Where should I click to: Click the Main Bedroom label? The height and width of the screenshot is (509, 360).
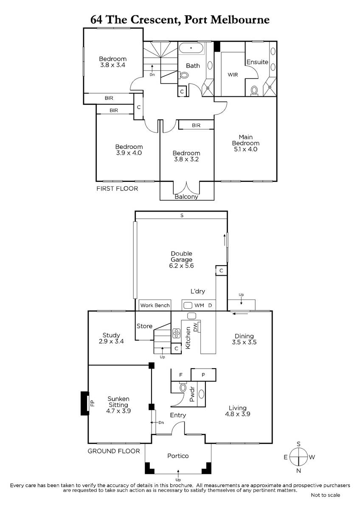pyautogui.click(x=246, y=140)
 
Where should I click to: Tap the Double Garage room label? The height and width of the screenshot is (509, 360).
pyautogui.click(x=181, y=257)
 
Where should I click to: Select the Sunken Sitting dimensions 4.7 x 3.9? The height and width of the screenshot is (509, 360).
pyautogui.click(x=118, y=411)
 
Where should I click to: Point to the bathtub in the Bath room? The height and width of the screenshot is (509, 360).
pyautogui.click(x=191, y=48)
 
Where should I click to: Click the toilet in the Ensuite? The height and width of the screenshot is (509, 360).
pyautogui.click(x=254, y=91)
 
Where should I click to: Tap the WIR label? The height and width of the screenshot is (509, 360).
pyautogui.click(x=233, y=75)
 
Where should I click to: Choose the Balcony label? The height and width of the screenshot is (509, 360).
pyautogui.click(x=186, y=197)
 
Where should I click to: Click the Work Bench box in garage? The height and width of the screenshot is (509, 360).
pyautogui.click(x=155, y=305)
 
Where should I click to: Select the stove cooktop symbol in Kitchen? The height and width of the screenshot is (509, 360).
pyautogui.click(x=176, y=333)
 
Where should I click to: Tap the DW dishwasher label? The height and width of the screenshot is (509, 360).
pyautogui.click(x=195, y=327)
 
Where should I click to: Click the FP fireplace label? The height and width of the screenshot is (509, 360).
pyautogui.click(x=92, y=403)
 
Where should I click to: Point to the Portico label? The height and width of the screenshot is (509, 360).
pyautogui.click(x=178, y=456)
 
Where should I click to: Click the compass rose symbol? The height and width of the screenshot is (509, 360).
pyautogui.click(x=298, y=457)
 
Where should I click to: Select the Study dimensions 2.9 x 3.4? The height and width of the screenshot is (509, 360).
pyautogui.click(x=111, y=341)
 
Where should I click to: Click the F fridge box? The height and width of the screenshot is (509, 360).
pyautogui.click(x=181, y=375)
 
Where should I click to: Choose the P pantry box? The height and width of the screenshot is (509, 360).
pyautogui.click(x=203, y=375)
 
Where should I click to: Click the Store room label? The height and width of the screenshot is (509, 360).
pyautogui.click(x=144, y=326)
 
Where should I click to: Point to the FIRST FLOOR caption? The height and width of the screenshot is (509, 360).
pyautogui.click(x=117, y=189)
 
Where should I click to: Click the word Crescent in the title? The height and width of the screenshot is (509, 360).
pyautogui.click(x=155, y=20)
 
